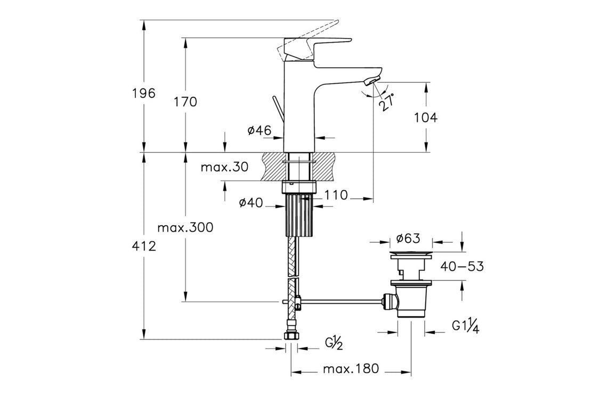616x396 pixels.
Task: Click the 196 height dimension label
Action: click(144, 93)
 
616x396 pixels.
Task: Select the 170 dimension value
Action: click(185, 101)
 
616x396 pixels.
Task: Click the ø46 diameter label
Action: click(260, 130)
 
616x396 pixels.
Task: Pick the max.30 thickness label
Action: click(224, 167)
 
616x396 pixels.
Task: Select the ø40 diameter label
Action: click(251, 202)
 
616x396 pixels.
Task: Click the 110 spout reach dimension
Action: click(336, 195)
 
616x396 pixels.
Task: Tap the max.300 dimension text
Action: click(185, 228)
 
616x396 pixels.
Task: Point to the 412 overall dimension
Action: click(144, 246)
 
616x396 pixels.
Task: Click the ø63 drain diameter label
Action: click(409, 237)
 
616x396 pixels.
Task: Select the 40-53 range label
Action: click(462, 266)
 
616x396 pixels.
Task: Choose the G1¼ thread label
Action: click(466, 326)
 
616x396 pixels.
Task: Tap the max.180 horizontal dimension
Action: click(351, 369)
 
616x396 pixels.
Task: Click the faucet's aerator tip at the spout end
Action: click(371, 81)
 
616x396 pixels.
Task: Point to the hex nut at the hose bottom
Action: click(291, 337)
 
